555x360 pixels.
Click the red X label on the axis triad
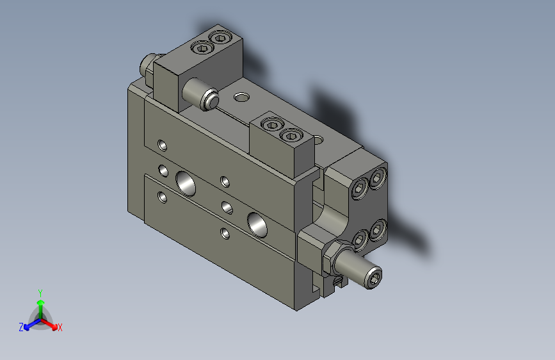pos(60,327)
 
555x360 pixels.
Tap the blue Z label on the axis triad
pos(21,327)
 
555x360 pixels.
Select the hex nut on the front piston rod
pos(333,256)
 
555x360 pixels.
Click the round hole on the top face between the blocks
pos(241,97)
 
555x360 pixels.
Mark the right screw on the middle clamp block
pos(292,135)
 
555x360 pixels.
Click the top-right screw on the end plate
pos(379,177)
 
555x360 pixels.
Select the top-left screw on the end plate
pos(360,188)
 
